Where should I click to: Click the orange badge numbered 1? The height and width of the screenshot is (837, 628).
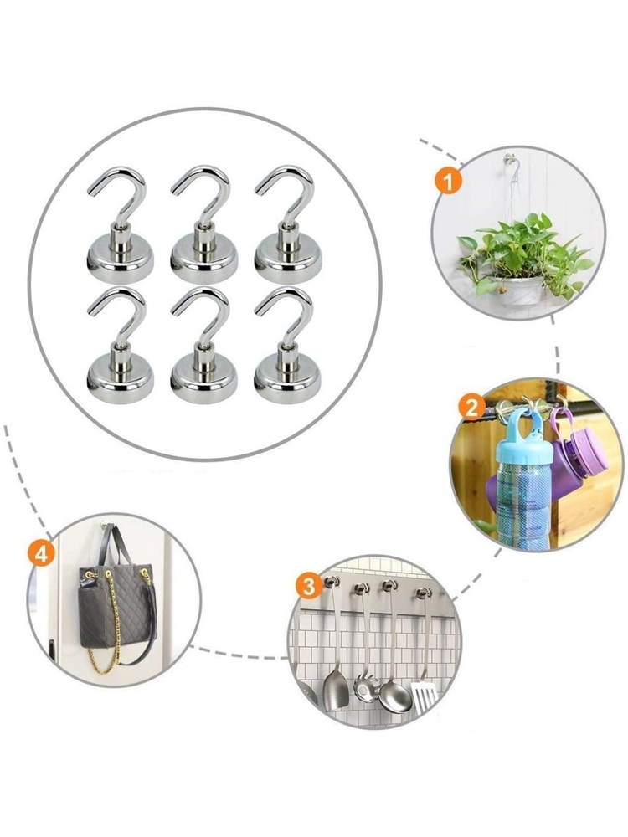click(447, 182)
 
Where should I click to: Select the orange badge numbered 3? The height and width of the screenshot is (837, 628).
click(309, 587)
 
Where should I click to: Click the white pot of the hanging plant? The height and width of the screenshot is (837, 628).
click(519, 291)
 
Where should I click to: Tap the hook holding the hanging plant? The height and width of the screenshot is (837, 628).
click(509, 159)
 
